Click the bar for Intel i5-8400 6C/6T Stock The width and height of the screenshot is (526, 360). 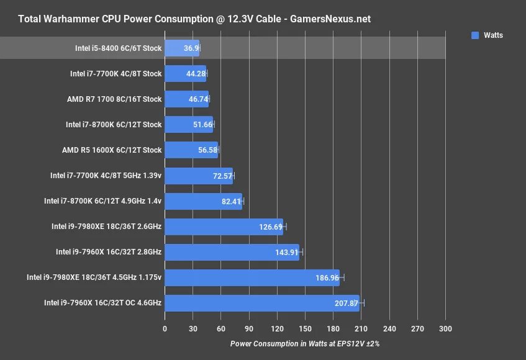pyautogui.click(x=181, y=48)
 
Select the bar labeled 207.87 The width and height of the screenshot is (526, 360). pyautogui.click(x=261, y=303)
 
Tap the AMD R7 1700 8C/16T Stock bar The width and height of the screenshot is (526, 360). pyautogui.click(x=186, y=99)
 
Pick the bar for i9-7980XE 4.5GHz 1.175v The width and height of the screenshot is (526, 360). pyautogui.click(x=252, y=277)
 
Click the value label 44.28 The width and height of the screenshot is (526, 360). pyautogui.click(x=194, y=73)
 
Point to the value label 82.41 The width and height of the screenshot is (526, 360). pyautogui.click(x=230, y=201)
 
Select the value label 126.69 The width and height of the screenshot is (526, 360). pyautogui.click(x=271, y=227)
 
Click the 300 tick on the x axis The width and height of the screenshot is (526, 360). pyautogui.click(x=445, y=328)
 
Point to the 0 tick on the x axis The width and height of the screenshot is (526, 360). pyautogui.click(x=165, y=328)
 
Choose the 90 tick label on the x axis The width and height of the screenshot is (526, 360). pyautogui.click(x=249, y=328)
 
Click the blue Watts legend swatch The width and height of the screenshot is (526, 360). pyautogui.click(x=475, y=35)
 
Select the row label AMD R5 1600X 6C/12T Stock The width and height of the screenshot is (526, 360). pyautogui.click(x=112, y=150)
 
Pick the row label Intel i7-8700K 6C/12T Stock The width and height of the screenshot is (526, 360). pyautogui.click(x=114, y=124)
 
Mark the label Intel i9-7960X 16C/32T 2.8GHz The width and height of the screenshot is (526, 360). pyautogui.click(x=109, y=252)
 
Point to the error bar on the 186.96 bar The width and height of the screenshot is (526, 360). pyautogui.click(x=342, y=277)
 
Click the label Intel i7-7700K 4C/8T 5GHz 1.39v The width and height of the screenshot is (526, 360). pyautogui.click(x=106, y=176)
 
